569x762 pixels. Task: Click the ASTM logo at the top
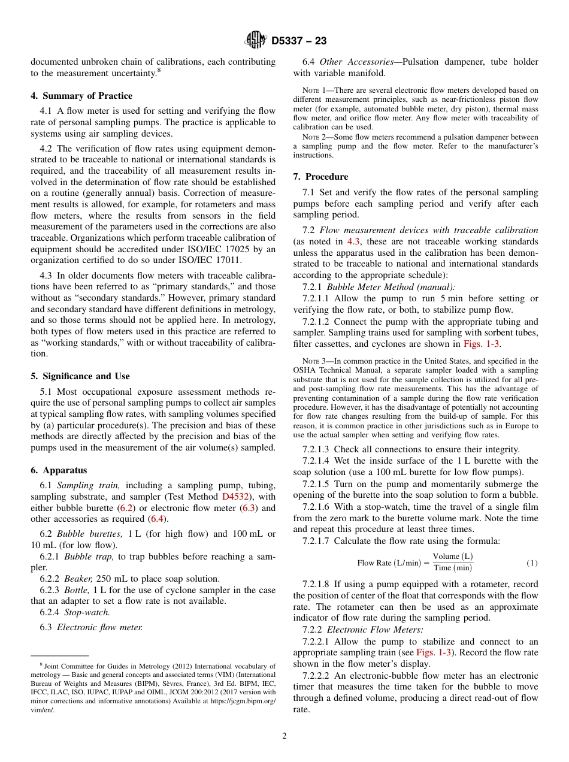coord(256,40)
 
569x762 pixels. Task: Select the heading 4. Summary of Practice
coord(81,96)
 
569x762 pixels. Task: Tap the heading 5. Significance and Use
coord(80,376)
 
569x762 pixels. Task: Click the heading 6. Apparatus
coord(59,470)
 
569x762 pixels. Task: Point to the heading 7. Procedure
coord(320,177)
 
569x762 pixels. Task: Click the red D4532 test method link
coord(236,496)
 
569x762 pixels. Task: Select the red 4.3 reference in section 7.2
coord(354,241)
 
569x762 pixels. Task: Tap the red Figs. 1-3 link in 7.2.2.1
coord(436,652)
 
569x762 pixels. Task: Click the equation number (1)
coord(532,563)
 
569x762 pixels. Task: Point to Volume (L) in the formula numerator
coord(452,557)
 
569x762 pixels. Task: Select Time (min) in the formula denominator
coord(453,569)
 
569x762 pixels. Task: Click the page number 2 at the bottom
coord(284,736)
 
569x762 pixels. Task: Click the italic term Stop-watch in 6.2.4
coord(87,613)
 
